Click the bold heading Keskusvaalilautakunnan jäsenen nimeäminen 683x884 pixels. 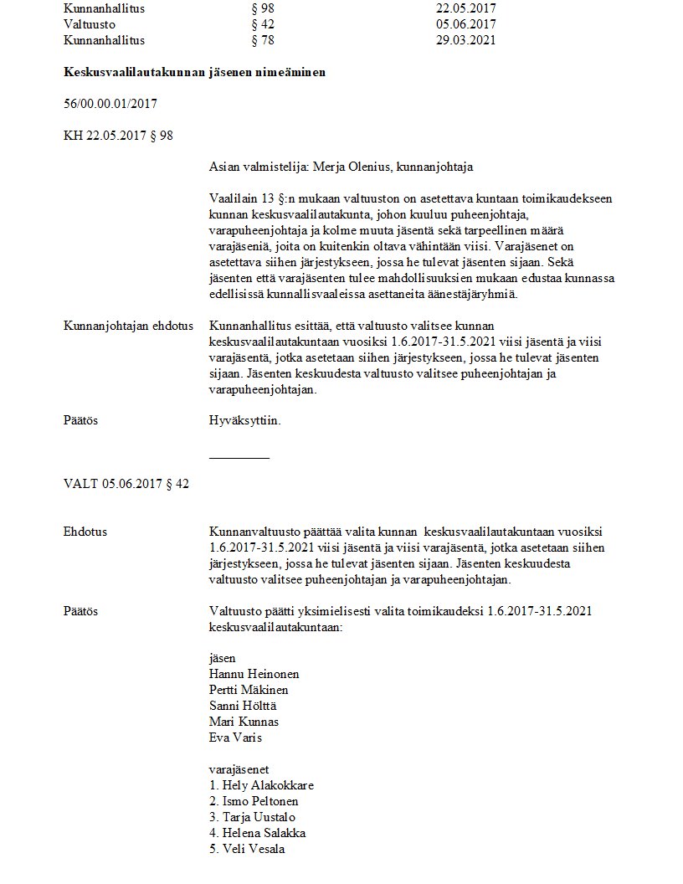(x=194, y=73)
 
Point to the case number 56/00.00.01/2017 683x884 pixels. (x=110, y=104)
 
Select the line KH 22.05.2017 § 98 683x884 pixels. (x=118, y=135)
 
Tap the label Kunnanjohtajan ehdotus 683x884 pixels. (x=128, y=326)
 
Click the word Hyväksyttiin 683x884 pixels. (x=244, y=420)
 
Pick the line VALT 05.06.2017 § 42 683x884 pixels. (x=126, y=484)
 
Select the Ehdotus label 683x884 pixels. (x=85, y=532)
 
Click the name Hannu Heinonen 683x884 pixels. (x=254, y=674)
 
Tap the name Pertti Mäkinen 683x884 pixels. (x=249, y=690)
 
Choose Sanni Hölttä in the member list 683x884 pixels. (x=244, y=706)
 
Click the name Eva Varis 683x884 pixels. (x=236, y=738)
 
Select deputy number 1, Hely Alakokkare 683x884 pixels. (x=261, y=785)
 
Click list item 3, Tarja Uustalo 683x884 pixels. (x=252, y=817)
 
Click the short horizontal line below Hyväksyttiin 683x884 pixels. (x=239, y=458)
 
